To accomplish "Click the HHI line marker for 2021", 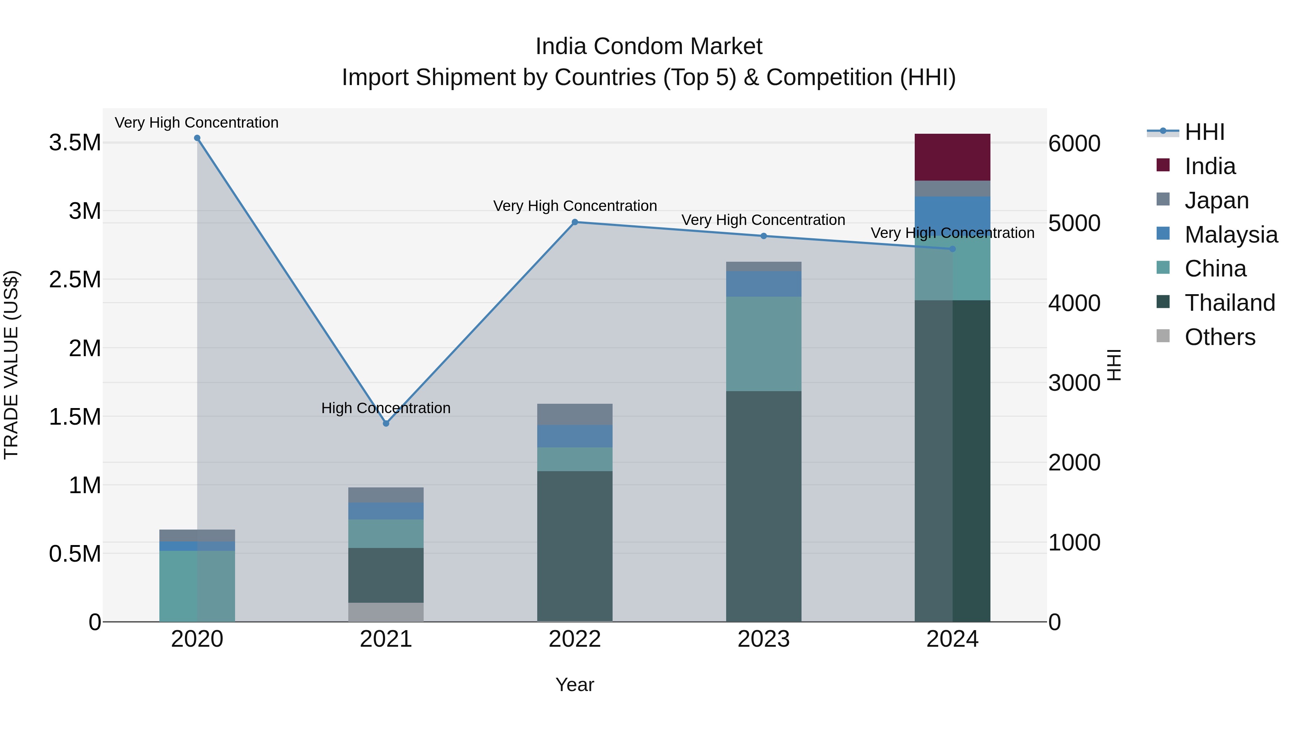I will [386, 423].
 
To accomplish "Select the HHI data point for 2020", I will [197, 138].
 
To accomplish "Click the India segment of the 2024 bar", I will [952, 157].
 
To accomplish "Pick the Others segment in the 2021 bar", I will [385, 612].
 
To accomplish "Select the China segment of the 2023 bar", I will [763, 344].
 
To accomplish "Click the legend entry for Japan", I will [1217, 200].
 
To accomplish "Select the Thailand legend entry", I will [1229, 303].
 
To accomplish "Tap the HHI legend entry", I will [1204, 132].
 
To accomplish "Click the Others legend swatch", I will [1162, 336].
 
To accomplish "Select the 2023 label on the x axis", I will [763, 639].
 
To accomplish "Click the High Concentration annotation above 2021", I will [385, 408].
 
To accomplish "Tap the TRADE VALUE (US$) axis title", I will [11, 365].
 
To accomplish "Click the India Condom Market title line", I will [649, 47].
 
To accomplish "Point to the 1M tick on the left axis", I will [85, 486].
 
